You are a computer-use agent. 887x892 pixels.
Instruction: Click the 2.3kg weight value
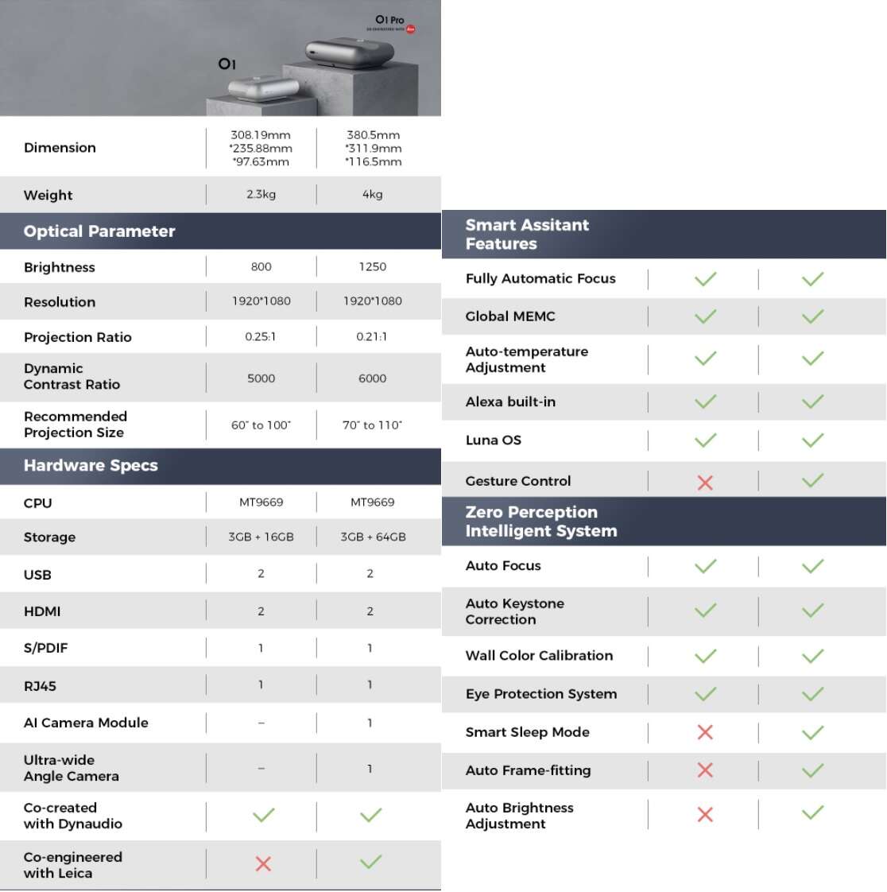tap(261, 194)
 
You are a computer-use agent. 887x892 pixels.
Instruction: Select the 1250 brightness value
tap(372, 266)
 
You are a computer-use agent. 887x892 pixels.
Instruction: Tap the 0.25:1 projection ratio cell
tap(261, 336)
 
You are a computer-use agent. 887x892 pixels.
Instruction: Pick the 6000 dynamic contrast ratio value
tap(372, 378)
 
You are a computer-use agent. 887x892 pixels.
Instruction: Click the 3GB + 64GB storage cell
tap(373, 537)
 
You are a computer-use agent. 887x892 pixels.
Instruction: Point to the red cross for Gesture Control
tap(705, 483)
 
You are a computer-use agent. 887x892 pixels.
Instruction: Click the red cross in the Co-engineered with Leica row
tap(263, 863)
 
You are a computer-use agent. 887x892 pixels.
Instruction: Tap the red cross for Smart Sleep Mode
tap(705, 732)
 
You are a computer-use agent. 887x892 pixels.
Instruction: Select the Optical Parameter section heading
tap(99, 231)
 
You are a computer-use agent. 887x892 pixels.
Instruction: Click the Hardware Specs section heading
tap(91, 466)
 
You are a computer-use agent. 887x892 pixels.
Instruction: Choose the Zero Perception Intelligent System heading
tap(541, 522)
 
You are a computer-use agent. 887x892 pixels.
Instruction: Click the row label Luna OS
tap(494, 440)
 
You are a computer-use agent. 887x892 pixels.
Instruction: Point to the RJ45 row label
tap(40, 686)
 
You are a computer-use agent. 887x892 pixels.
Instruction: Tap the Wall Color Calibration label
tap(539, 656)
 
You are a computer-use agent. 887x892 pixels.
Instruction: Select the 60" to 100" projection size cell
tap(261, 425)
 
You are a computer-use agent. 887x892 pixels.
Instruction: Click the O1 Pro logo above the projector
tap(390, 20)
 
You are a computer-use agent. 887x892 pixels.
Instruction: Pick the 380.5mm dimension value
tap(373, 135)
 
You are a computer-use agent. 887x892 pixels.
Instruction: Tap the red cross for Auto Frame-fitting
tap(705, 770)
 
